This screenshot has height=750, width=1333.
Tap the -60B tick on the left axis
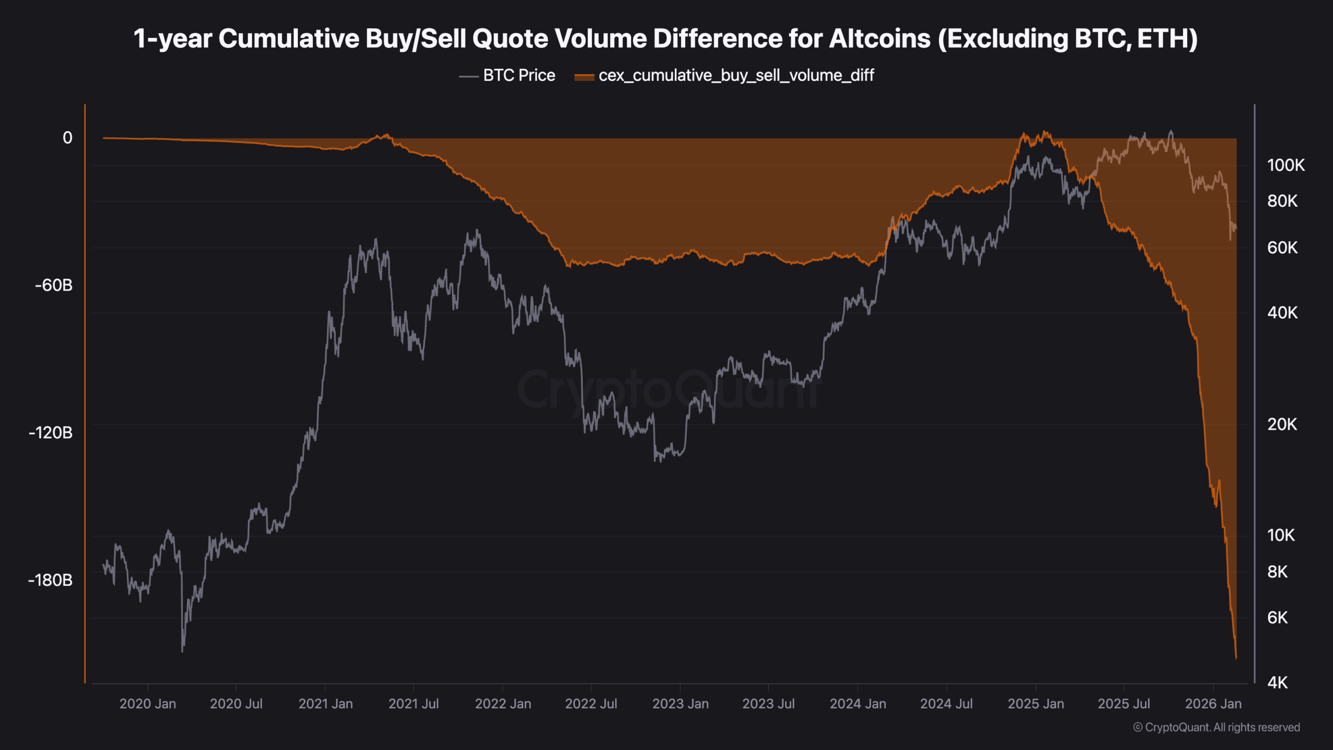pos(54,285)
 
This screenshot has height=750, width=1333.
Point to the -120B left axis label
pos(51,433)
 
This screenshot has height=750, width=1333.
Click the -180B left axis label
pos(51,580)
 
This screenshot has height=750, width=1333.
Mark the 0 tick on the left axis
pos(67,138)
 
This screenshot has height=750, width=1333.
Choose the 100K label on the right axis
pos(1286,166)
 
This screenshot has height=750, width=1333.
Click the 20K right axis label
pos(1282,424)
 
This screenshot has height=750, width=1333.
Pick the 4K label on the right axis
pos(1277,683)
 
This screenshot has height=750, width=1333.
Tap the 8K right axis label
pos(1277,572)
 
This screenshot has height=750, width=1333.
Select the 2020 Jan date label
pos(147,704)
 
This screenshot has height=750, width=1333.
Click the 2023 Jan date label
pos(680,704)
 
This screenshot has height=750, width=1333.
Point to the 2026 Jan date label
pos(1213,704)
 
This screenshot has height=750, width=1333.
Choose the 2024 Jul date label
pos(946,704)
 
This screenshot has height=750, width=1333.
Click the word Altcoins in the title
pos(879,39)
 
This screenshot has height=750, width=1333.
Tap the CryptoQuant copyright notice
pos(1216,728)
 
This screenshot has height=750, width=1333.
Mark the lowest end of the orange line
pos(1236,658)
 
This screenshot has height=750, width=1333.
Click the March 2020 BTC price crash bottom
pos(182,650)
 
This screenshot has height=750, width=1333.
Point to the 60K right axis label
pos(1282,248)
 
